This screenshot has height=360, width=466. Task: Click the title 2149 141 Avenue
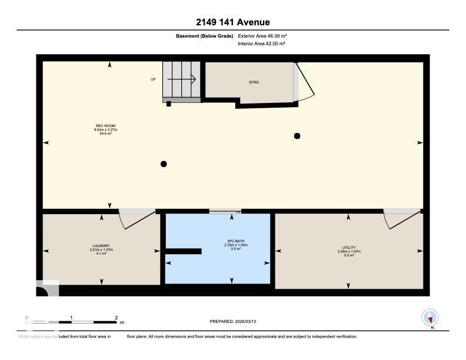(233, 22)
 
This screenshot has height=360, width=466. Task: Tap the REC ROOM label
(106, 125)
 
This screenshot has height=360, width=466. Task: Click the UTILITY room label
(348, 248)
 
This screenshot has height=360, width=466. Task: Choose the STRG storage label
(254, 82)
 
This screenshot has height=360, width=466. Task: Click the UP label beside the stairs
(153, 79)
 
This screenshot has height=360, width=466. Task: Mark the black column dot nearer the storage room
(297, 136)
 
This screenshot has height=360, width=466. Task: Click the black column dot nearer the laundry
(164, 164)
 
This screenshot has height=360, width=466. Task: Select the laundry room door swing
(131, 220)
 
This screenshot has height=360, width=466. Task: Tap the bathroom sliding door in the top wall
(225, 211)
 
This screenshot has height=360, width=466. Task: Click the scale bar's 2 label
(116, 317)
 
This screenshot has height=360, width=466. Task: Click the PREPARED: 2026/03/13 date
(234, 322)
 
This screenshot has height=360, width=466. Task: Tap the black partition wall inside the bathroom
(183, 251)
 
